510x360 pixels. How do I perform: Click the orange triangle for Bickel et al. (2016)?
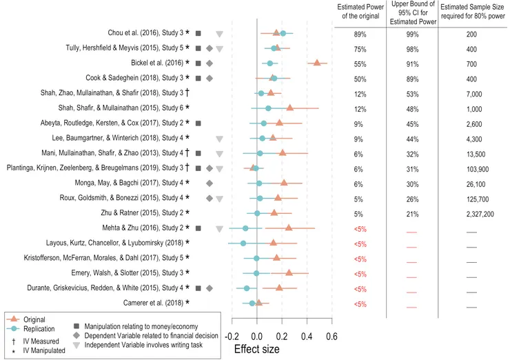[x=317, y=63]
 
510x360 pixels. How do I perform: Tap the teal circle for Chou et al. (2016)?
[x=283, y=33]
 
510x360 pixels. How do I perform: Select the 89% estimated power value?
[x=360, y=34]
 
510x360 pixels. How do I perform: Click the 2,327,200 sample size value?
[x=480, y=214]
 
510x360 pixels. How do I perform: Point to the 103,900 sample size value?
[x=478, y=169]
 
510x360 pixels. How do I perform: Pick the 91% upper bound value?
[x=412, y=64]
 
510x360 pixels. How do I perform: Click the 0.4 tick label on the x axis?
[x=307, y=337]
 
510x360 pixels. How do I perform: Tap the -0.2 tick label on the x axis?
[x=231, y=337]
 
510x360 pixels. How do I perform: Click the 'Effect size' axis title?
[x=256, y=349]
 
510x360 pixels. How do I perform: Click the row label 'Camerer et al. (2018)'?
[x=153, y=303]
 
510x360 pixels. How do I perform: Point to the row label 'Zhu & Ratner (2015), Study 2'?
[x=142, y=213]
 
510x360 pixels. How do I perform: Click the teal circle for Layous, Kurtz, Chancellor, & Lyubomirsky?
[x=243, y=243]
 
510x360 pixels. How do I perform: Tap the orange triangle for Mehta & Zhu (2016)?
[x=289, y=228]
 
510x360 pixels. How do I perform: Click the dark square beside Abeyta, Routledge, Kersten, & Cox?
[x=198, y=123]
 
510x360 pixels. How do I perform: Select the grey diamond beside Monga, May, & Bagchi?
[x=210, y=183]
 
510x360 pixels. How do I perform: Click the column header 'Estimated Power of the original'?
[x=360, y=12]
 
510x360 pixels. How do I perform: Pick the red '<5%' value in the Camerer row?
[x=360, y=304]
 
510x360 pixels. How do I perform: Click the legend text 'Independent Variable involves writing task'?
[x=143, y=345]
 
